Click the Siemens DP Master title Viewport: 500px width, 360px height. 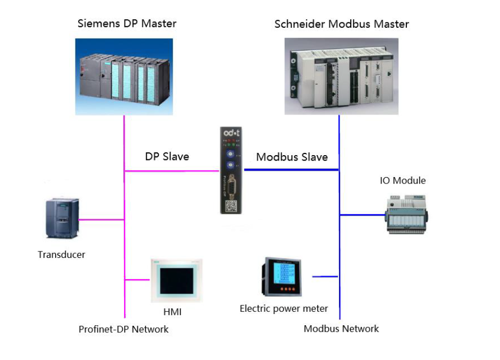click(127, 24)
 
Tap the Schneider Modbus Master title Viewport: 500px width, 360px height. click(341, 24)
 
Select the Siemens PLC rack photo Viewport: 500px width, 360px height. click(124, 76)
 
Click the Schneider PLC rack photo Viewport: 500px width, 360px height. click(341, 76)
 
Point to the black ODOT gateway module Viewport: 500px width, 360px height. click(232, 170)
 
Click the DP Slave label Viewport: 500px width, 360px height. click(167, 157)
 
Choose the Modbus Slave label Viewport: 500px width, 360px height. click(291, 157)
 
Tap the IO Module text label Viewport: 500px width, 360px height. click(403, 180)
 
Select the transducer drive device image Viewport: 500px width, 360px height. click(61, 218)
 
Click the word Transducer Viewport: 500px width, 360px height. click(61, 255)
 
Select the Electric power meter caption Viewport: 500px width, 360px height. click(283, 309)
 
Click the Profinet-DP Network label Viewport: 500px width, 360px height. click(124, 330)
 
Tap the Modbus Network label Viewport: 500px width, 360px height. click(341, 329)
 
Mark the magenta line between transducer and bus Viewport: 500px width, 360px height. click(102, 219)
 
